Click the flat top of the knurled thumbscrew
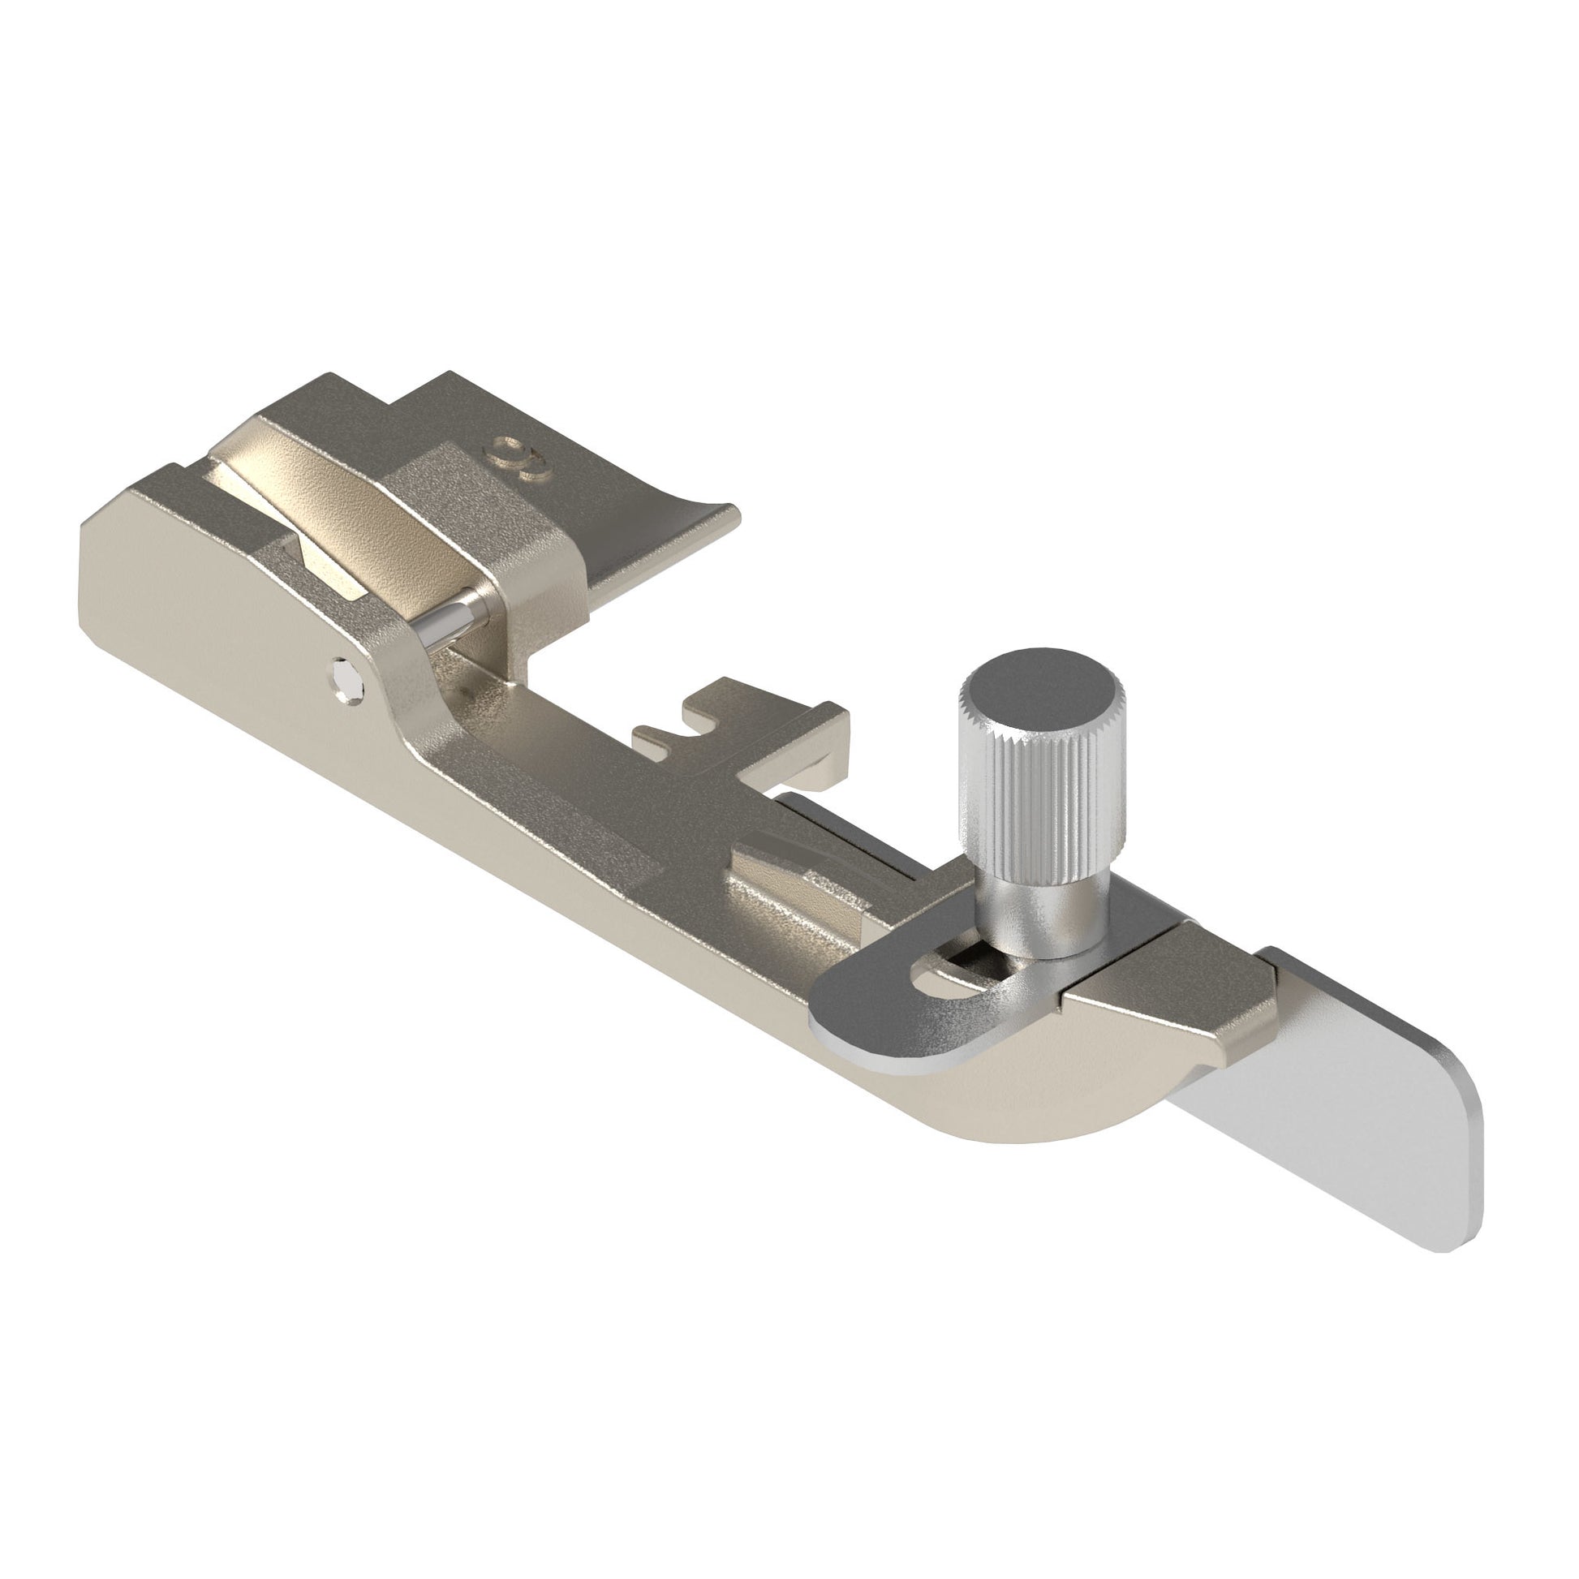click(x=1043, y=681)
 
